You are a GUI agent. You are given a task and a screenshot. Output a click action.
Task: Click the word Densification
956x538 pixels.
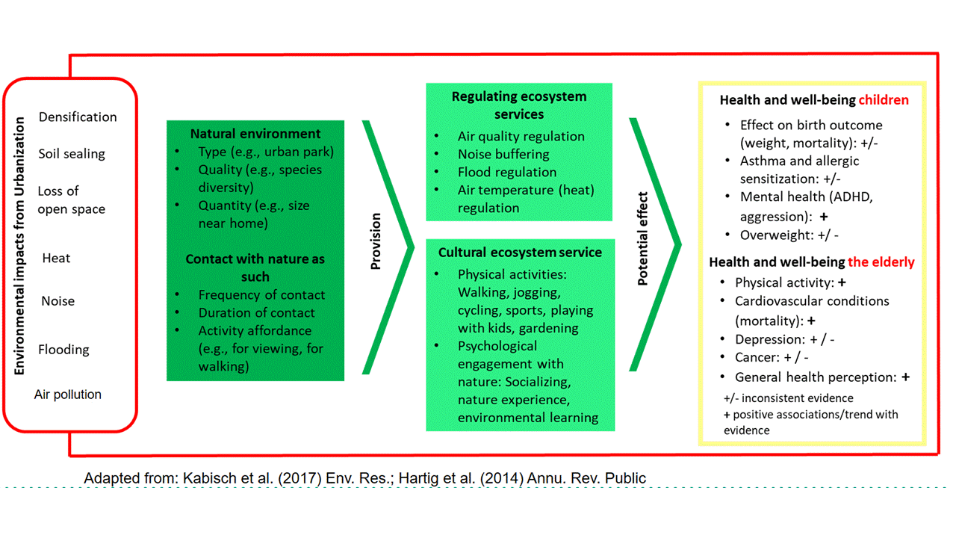78,117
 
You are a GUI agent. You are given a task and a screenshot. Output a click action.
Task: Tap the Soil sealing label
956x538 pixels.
72,154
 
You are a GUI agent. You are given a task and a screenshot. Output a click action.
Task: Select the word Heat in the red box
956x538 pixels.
56,259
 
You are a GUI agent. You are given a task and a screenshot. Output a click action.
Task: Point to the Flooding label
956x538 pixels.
63,350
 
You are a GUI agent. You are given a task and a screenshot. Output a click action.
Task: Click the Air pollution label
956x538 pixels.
68,394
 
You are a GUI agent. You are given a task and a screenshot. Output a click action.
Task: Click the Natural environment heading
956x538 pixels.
255,134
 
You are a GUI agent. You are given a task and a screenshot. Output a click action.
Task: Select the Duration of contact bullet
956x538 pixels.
256,312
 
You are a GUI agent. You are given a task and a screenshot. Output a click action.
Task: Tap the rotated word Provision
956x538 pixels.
376,241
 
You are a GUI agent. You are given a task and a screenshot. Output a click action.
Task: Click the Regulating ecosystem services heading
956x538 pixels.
519,105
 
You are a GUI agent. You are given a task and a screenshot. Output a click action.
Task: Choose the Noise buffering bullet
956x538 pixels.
503,154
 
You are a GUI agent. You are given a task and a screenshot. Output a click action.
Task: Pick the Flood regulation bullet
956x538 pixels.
507,172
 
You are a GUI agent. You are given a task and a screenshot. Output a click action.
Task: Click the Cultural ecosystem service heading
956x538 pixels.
520,253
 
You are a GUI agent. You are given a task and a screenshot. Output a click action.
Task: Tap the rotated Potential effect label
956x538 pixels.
643,238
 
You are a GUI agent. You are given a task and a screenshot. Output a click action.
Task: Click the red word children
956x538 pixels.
884,100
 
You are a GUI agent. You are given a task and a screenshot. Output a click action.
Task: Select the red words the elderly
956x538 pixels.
881,262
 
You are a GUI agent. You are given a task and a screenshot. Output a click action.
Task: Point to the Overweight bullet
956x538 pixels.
789,235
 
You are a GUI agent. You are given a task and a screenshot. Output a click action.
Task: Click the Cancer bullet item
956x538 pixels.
772,357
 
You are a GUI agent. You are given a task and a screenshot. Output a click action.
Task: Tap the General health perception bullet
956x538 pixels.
822,377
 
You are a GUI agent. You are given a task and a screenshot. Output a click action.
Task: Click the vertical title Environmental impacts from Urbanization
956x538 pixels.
19,246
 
